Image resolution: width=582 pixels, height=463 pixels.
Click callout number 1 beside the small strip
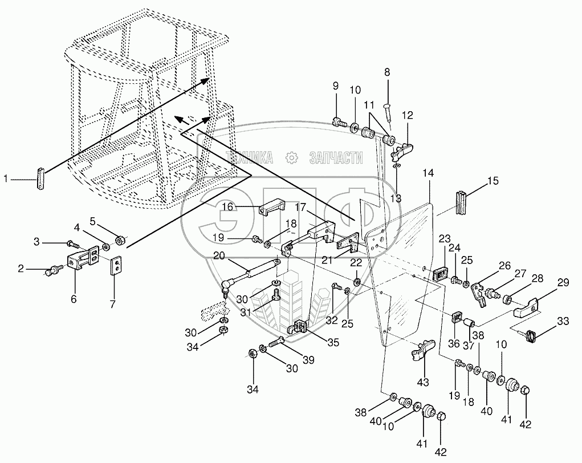6,180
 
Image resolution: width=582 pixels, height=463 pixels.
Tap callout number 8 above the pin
388,72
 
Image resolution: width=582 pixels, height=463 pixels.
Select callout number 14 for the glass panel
429,172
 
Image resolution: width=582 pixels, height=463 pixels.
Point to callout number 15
493,181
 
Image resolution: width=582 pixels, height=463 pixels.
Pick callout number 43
423,381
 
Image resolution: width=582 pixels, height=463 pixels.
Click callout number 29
563,282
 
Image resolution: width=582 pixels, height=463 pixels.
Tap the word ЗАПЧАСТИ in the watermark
336,157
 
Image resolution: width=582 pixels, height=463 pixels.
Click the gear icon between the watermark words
292,157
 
